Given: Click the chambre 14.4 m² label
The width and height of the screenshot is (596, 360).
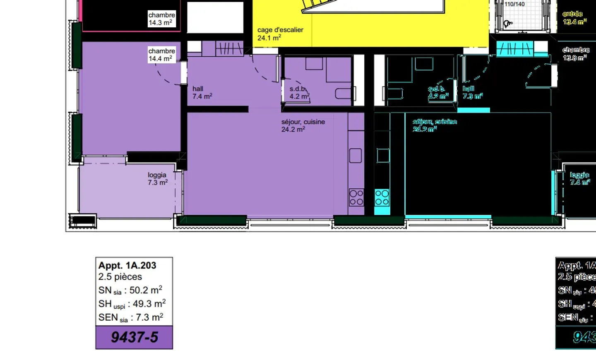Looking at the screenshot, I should [x=161, y=55].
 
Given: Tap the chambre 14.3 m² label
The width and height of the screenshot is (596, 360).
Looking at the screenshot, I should [x=161, y=19].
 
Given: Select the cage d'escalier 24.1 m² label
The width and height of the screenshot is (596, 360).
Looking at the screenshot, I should [x=280, y=34].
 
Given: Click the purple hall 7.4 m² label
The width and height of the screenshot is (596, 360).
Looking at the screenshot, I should [x=202, y=92].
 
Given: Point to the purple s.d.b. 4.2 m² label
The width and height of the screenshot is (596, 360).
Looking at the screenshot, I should [x=299, y=92].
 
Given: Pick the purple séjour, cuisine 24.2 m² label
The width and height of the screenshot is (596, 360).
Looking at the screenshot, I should [x=303, y=125].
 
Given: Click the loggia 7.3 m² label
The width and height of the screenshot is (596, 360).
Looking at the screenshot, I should [x=158, y=178].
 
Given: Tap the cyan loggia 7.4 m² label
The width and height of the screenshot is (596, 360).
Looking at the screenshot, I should [x=579, y=178].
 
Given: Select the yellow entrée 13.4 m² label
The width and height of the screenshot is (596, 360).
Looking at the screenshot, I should [x=574, y=18].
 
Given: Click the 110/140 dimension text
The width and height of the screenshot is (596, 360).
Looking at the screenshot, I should [x=514, y=4].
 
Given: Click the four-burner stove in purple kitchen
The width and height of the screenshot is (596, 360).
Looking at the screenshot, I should [x=356, y=197].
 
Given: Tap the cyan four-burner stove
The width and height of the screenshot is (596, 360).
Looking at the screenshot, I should [x=382, y=197].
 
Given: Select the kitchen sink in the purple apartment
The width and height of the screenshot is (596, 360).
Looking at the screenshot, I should [x=356, y=156].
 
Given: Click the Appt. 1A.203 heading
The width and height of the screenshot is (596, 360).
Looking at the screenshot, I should [x=127, y=265].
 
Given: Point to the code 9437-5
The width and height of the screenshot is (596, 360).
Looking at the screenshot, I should [x=134, y=337].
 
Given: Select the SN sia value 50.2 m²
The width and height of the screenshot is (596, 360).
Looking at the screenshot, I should [x=145, y=290].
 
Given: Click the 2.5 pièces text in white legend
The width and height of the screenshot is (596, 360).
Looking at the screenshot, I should [x=120, y=277].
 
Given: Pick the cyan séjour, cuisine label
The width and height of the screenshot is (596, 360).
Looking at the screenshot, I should [x=435, y=125].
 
